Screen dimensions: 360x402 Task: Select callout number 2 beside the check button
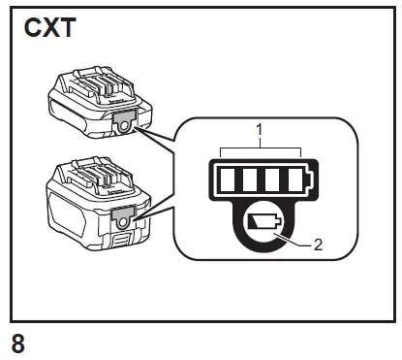(x=325, y=246)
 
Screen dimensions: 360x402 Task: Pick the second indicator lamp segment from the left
(x=250, y=180)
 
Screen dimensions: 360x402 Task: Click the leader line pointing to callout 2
(x=297, y=243)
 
